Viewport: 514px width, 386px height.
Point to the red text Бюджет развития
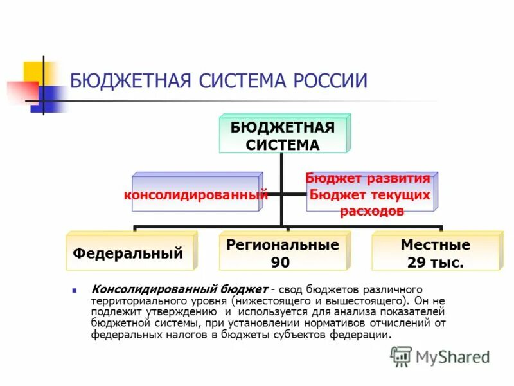(368, 178)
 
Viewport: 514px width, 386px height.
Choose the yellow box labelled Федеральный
(128, 253)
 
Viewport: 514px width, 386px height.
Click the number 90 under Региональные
(280, 262)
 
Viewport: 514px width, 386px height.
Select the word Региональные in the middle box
(283, 245)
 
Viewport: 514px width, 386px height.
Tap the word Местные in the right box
(435, 245)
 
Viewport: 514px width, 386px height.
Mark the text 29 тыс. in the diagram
(435, 262)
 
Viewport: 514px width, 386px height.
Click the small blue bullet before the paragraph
(75, 290)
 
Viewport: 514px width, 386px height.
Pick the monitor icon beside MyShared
(402, 356)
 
